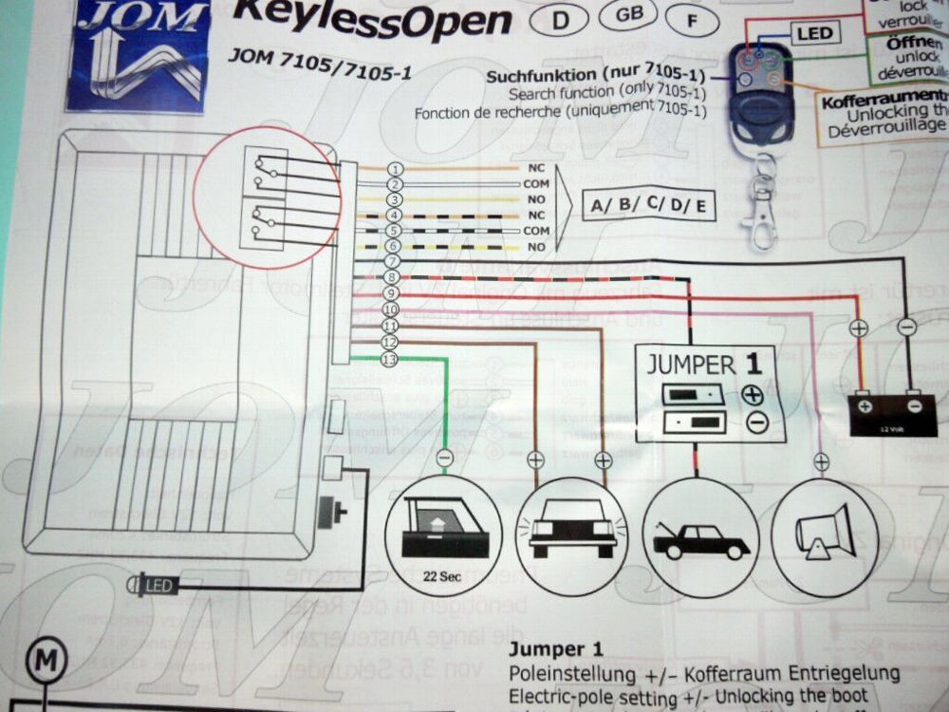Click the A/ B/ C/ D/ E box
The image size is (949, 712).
click(x=647, y=205)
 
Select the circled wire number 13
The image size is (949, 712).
click(x=387, y=359)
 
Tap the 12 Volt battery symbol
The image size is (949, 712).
click(x=892, y=414)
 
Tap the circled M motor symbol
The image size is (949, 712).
click(x=44, y=658)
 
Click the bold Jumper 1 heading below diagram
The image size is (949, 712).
click(x=556, y=650)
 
